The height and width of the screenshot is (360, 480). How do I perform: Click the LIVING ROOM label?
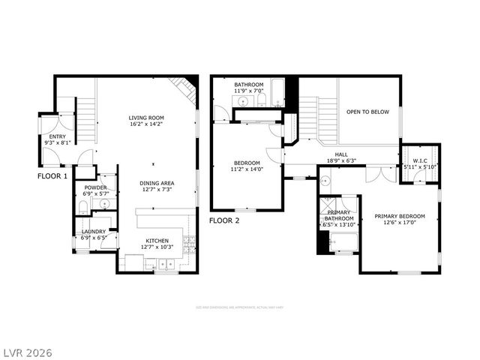(146, 118)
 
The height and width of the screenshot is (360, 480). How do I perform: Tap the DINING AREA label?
(157, 183)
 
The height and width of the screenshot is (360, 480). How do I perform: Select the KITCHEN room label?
(158, 241)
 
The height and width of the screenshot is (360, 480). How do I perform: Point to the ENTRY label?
(57, 136)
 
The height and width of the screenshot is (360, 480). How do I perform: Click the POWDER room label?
(95, 187)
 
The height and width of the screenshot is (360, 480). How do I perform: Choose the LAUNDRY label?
(94, 232)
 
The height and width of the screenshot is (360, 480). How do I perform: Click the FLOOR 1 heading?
(52, 176)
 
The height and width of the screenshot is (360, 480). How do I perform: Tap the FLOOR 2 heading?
(224, 220)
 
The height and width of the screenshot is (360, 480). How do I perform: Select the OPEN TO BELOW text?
(367, 112)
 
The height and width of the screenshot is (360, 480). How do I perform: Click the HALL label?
(341, 154)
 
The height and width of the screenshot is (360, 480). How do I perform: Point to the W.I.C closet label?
(420, 160)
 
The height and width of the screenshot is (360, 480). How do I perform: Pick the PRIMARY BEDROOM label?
(400, 217)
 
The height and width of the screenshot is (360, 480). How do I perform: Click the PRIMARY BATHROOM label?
(337, 215)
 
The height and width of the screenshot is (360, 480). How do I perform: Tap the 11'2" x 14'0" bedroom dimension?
(247, 169)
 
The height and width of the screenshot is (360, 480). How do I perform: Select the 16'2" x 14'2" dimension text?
(146, 124)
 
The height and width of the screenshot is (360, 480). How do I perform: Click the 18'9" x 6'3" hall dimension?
(341, 161)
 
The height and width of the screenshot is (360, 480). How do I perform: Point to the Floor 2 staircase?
(309, 120)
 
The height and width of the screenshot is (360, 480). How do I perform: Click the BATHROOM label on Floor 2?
(248, 85)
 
